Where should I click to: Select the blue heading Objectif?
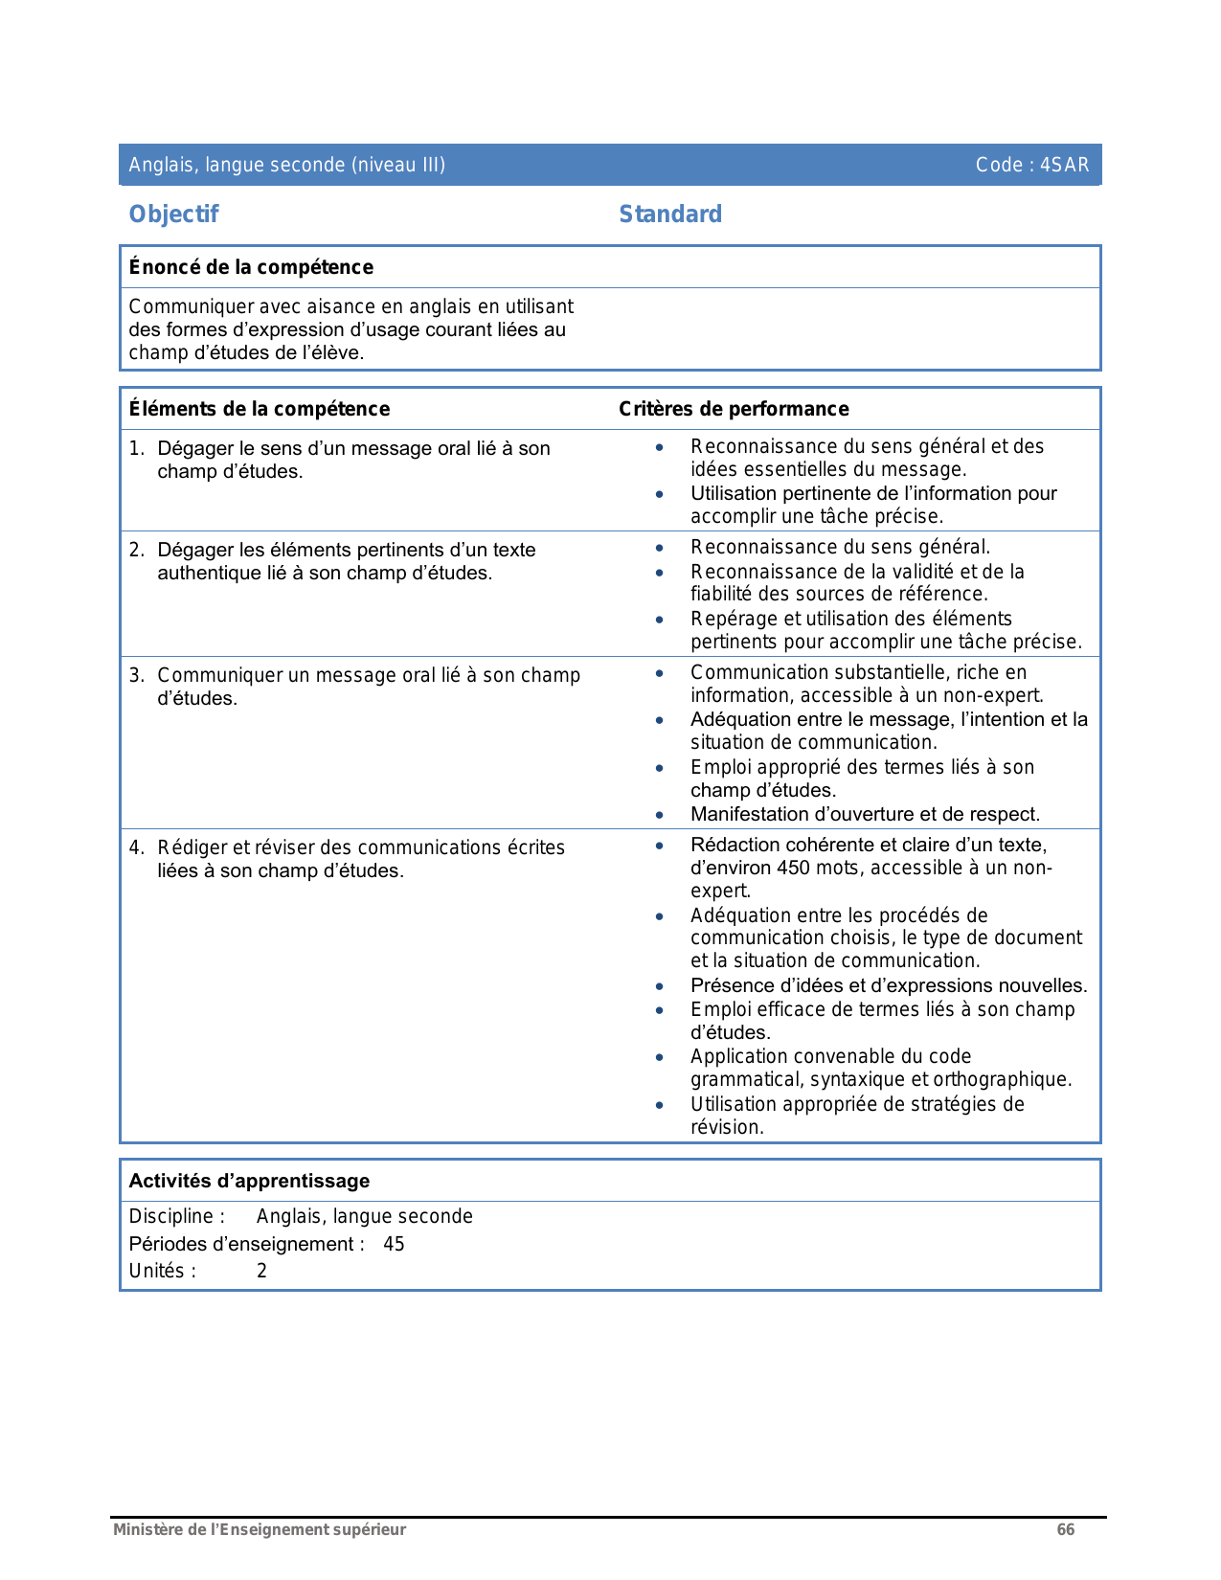point(173,214)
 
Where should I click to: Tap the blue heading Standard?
point(670,214)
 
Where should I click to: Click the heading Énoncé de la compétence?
point(251,267)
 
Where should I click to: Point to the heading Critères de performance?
point(734,409)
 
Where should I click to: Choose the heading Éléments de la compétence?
point(260,409)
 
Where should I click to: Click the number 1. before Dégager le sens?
point(136,448)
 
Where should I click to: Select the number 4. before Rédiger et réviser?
point(136,847)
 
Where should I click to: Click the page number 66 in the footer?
point(1065,1529)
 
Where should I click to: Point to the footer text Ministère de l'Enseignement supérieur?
point(260,1529)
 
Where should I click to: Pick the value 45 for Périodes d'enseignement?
point(394,1244)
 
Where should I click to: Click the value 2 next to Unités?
point(261,1271)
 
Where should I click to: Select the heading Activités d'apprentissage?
point(249,1181)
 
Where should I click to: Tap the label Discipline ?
point(177,1216)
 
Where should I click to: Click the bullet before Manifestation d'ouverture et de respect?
point(659,815)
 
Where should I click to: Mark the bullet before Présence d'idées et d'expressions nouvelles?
point(659,986)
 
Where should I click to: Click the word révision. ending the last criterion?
point(727,1127)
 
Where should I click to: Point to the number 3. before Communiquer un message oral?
point(136,675)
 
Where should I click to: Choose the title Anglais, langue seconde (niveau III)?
point(286,165)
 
